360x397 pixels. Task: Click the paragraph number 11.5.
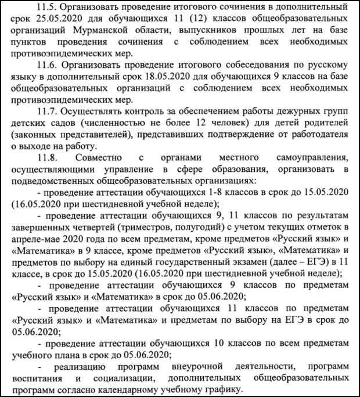click(48, 8)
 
